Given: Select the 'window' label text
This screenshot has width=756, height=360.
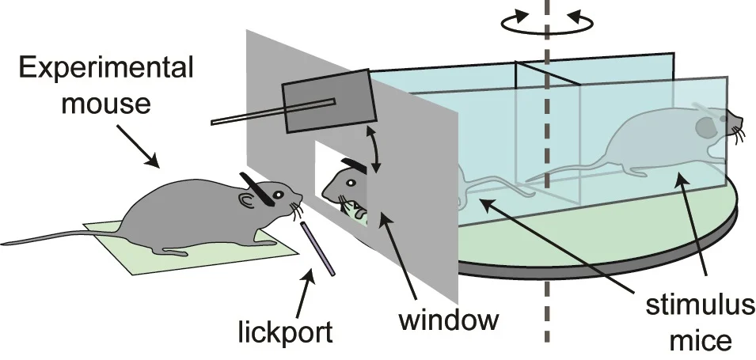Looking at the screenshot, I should pyautogui.click(x=449, y=320).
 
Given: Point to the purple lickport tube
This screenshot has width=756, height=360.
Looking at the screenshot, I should pyautogui.click(x=318, y=248).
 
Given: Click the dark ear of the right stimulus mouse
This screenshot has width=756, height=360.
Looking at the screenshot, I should pyautogui.click(x=705, y=126).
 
